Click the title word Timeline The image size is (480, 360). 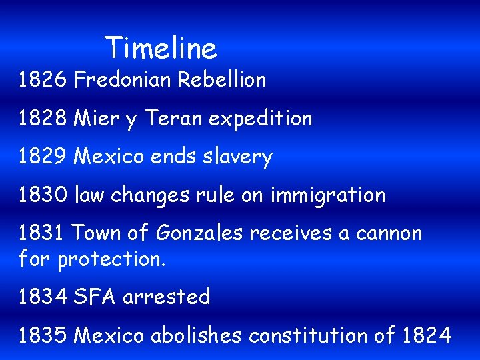click(161, 48)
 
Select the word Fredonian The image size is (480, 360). click(123, 80)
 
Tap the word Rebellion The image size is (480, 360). click(222, 80)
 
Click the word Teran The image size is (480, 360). click(173, 119)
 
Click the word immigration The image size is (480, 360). click(328, 196)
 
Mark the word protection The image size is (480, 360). click(111, 259)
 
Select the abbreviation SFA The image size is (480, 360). click(96, 297)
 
